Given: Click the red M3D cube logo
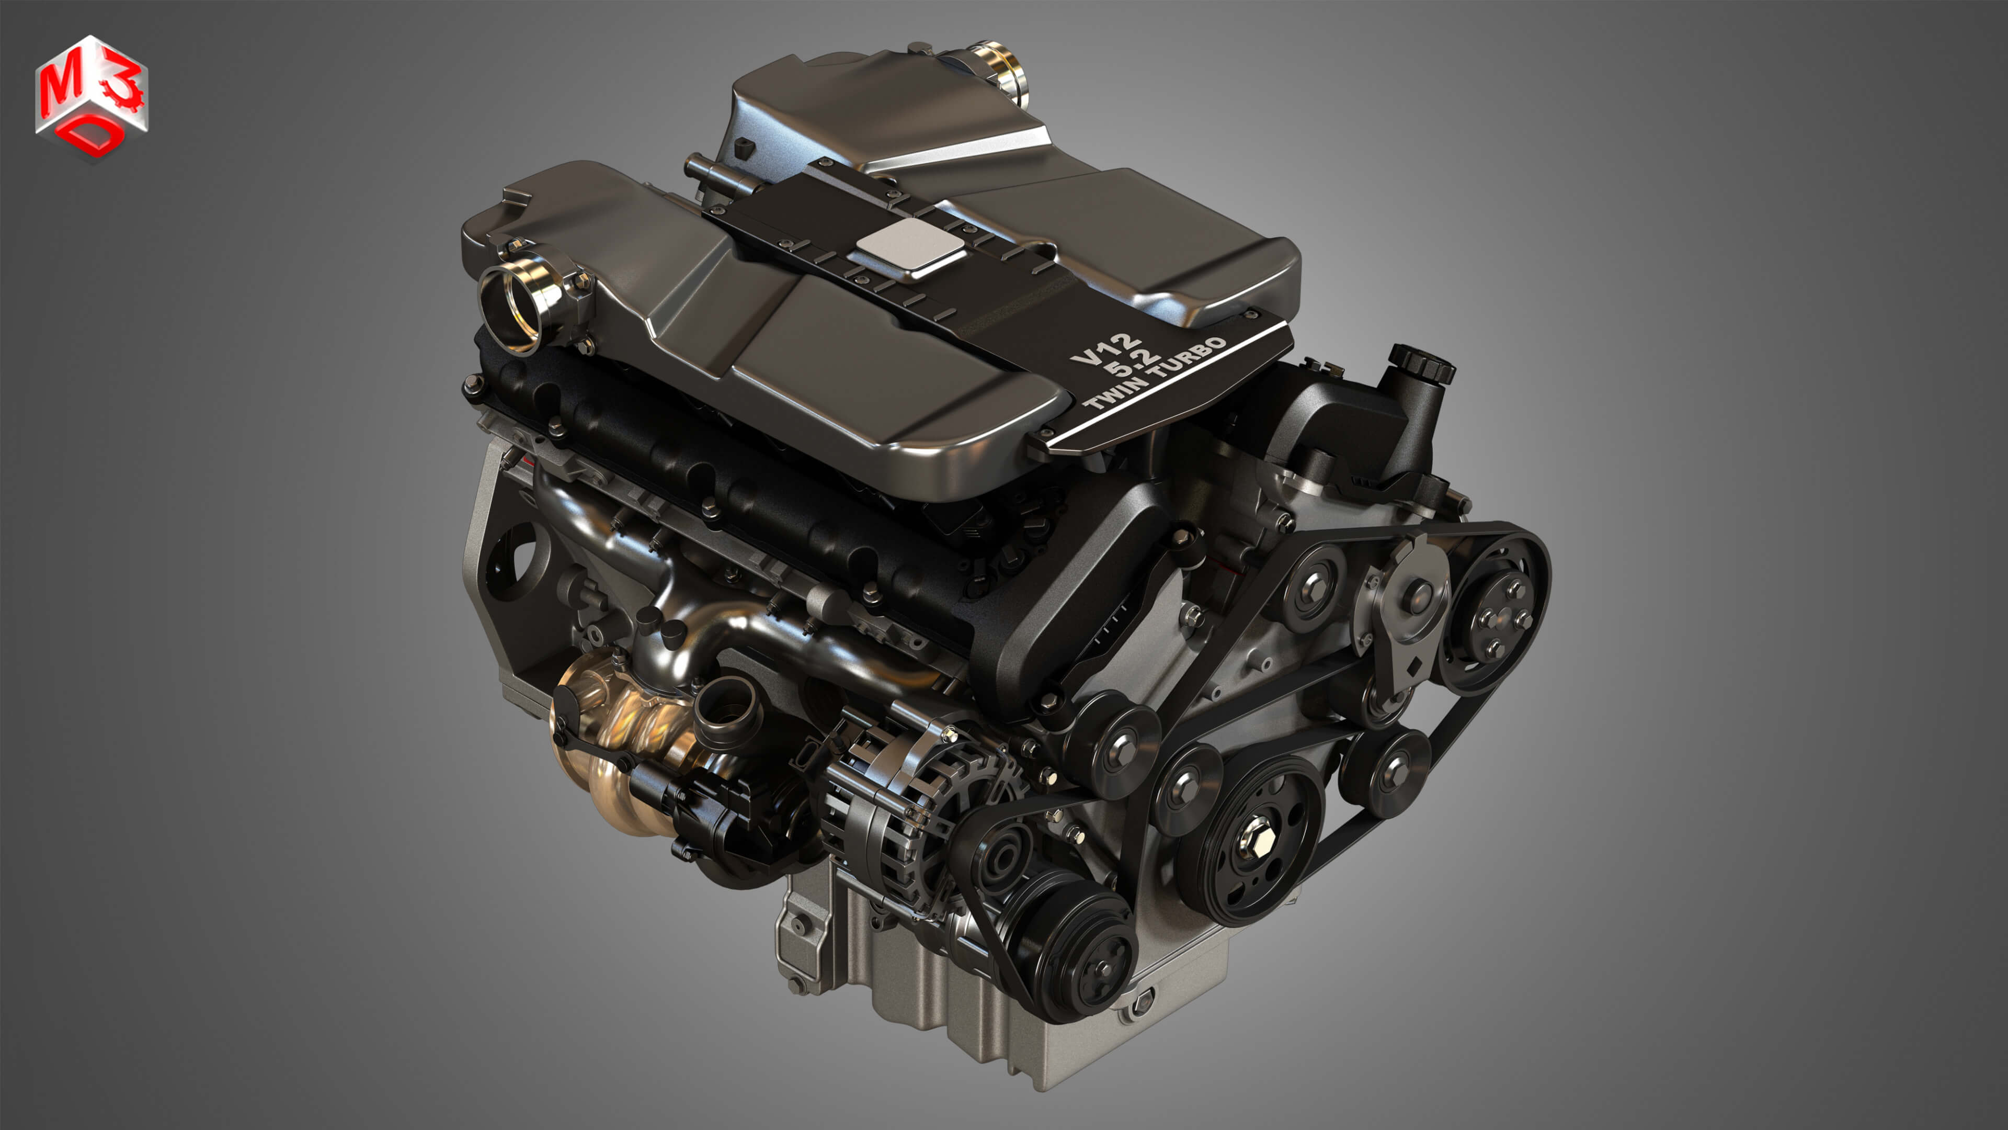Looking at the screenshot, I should coord(91,97).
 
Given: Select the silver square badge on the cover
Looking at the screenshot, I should coord(909,244).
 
